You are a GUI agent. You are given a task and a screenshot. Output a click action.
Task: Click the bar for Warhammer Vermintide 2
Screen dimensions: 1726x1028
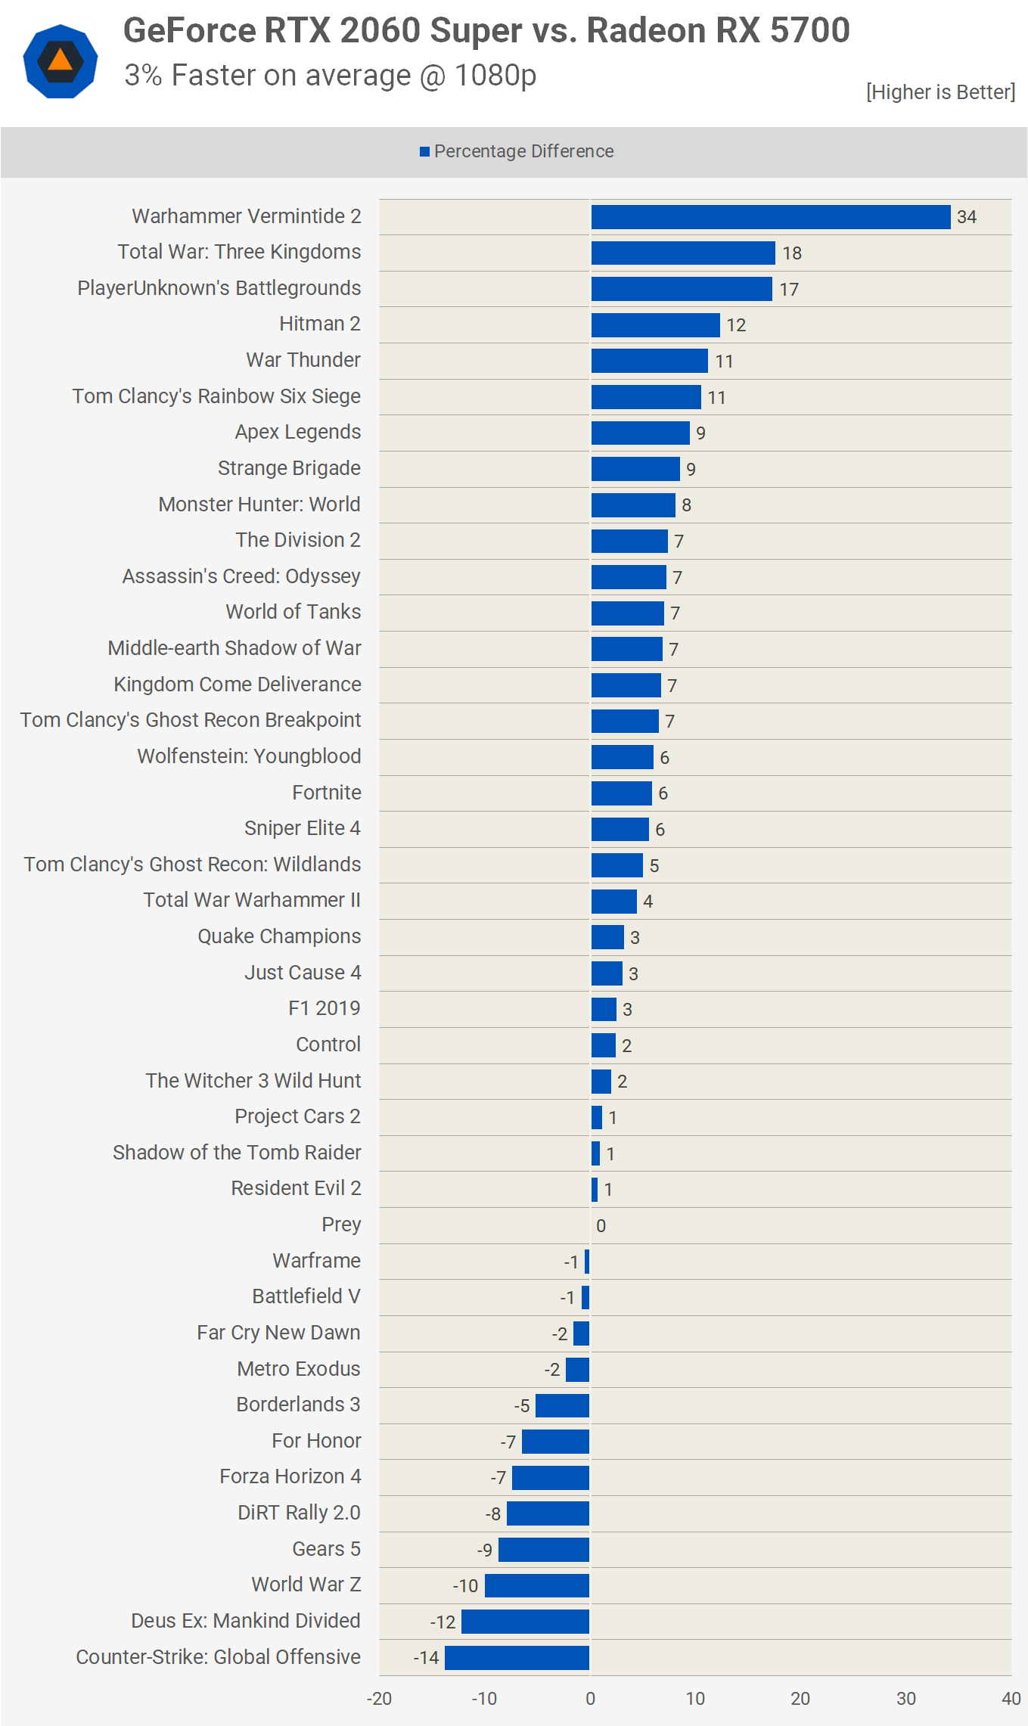(770, 217)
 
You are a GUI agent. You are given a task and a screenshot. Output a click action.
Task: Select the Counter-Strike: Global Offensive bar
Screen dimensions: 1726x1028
(517, 1657)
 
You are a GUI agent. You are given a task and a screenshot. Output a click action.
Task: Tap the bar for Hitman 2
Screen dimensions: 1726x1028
(655, 325)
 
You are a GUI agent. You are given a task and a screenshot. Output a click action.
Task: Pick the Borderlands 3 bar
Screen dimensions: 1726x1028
(562, 1405)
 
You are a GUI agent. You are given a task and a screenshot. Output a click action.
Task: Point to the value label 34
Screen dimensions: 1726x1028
(966, 217)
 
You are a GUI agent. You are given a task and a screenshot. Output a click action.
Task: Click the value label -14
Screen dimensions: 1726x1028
(426, 1658)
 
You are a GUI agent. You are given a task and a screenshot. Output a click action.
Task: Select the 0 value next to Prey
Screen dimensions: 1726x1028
(601, 1225)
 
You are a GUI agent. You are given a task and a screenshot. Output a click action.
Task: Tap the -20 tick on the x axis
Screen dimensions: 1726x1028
(379, 1699)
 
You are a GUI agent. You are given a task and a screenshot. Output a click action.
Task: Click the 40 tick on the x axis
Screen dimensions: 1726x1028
(1011, 1699)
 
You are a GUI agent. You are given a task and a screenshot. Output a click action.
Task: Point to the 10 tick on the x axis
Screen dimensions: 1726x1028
(695, 1699)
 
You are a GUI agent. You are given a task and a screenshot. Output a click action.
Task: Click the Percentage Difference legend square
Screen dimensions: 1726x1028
(425, 152)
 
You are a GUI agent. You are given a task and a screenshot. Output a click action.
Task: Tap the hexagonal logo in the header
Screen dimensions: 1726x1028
(61, 61)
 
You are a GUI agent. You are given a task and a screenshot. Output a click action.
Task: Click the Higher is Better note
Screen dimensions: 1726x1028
(940, 92)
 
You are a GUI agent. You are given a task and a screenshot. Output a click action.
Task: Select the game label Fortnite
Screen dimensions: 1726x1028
(327, 793)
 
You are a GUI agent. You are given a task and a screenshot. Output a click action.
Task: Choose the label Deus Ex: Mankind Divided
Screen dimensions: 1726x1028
(246, 1621)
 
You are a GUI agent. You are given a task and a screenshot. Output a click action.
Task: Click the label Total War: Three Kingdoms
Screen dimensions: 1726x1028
(239, 252)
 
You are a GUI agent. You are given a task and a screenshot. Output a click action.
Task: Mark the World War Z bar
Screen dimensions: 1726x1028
(536, 1585)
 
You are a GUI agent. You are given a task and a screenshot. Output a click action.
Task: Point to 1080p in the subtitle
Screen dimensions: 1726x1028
(495, 76)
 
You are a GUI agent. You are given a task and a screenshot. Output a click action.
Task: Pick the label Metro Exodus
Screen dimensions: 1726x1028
(299, 1369)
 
